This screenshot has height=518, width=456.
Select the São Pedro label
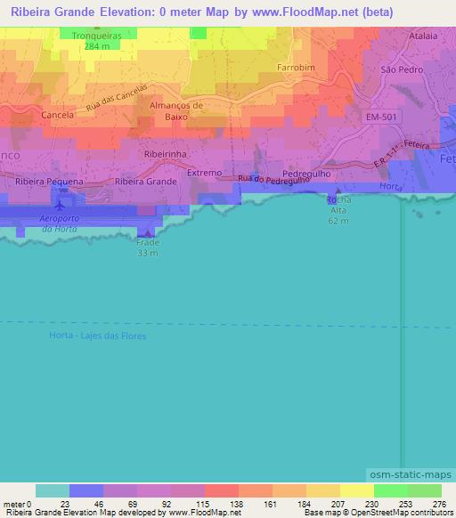pyautogui.click(x=400, y=69)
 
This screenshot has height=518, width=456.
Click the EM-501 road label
pyautogui.click(x=381, y=117)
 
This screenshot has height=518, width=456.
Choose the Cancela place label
pyautogui.click(x=58, y=116)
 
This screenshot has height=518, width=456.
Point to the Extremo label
pyautogui.click(x=205, y=173)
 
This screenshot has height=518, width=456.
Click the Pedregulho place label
pyautogui.click(x=306, y=174)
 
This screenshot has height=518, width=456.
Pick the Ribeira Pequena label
pyautogui.click(x=50, y=181)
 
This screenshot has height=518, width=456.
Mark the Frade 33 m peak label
pyautogui.click(x=148, y=247)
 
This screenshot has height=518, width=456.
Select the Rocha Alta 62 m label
pyautogui.click(x=338, y=209)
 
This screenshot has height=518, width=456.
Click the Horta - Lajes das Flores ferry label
pyautogui.click(x=96, y=336)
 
